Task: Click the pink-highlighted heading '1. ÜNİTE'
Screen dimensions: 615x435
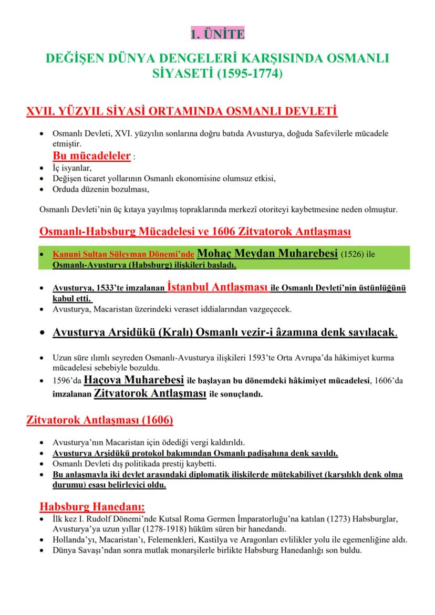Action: (x=217, y=35)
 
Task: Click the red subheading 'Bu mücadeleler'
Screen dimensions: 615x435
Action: (x=91, y=156)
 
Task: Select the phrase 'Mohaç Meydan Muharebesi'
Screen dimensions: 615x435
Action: (x=267, y=254)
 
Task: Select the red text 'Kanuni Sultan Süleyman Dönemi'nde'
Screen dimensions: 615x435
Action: (x=124, y=255)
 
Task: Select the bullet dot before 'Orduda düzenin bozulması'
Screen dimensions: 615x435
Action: (x=42, y=190)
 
